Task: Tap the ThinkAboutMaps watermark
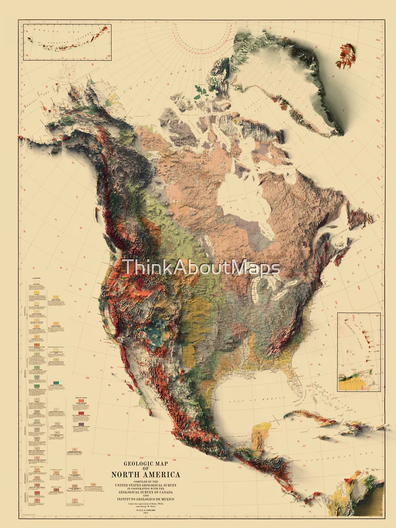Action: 201,268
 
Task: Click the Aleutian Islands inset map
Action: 68,41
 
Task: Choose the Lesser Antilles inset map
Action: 359,351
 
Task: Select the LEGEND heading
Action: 36,278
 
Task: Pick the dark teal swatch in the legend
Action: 56,382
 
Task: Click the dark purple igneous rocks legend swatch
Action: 81,423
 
